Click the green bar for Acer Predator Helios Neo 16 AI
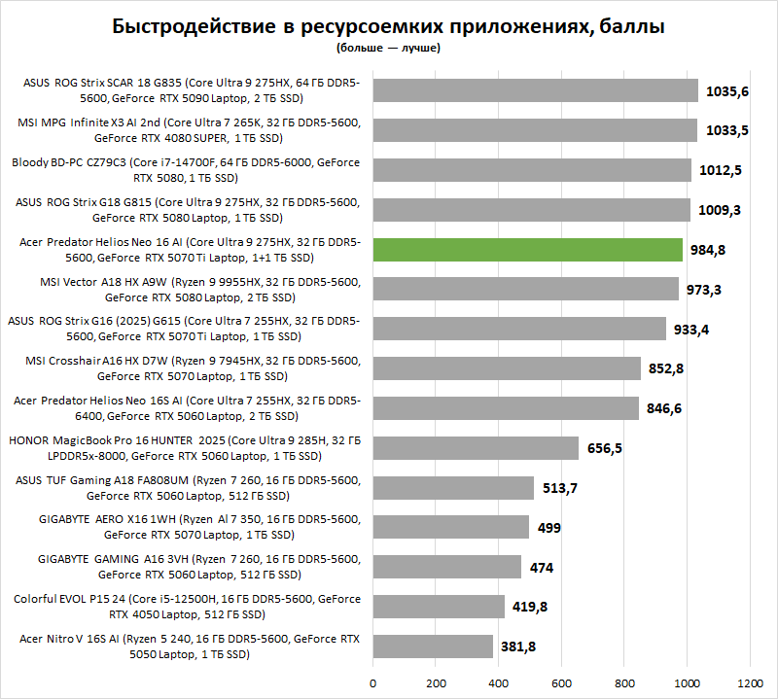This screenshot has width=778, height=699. [527, 250]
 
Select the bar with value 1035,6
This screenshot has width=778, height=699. [535, 90]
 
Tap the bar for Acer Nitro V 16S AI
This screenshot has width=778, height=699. [433, 647]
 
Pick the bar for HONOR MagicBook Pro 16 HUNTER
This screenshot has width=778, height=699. [476, 448]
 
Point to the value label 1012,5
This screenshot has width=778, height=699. [721, 170]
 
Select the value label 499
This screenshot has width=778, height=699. [549, 528]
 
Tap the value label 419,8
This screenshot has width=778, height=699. [530, 607]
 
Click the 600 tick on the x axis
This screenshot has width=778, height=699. [561, 682]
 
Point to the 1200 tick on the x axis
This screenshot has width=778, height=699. [750, 682]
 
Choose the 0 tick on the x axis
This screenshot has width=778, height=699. [372, 682]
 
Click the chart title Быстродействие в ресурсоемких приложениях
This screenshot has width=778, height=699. [388, 26]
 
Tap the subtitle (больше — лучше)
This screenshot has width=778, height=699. [388, 47]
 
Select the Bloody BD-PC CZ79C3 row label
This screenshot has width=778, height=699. [186, 170]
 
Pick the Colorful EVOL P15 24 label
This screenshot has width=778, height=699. [186, 607]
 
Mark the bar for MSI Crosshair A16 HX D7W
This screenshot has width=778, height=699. [507, 368]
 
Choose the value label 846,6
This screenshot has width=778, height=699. [664, 408]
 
